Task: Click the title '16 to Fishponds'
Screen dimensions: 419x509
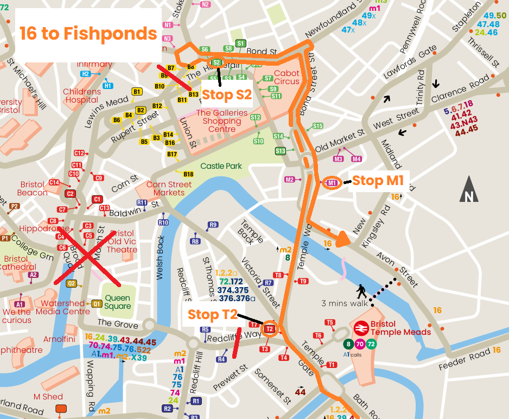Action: [88, 34]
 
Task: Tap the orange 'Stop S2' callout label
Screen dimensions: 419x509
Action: [227, 94]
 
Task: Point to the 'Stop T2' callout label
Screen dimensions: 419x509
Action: [212, 314]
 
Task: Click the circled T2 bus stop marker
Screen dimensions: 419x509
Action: [270, 328]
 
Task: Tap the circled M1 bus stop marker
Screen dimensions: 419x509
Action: [332, 183]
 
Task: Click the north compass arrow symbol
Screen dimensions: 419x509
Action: [469, 190]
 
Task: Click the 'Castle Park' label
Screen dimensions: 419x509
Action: [221, 166]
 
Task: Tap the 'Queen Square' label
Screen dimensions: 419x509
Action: [118, 302]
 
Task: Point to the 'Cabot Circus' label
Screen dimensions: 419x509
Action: [287, 77]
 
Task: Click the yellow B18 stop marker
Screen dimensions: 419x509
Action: [188, 174]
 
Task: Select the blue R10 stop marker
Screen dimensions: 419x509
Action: [163, 223]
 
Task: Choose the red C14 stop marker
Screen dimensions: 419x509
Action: [54, 182]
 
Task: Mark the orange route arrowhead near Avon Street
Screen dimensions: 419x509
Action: [343, 239]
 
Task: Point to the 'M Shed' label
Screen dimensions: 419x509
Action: [48, 397]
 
